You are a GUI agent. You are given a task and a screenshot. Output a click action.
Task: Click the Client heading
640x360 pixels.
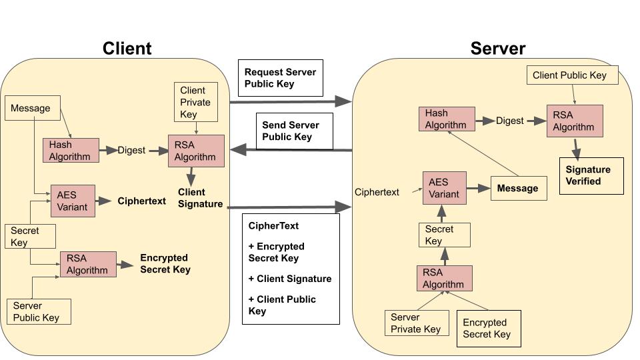(127, 48)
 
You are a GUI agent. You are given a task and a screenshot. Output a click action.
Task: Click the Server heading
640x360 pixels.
(497, 48)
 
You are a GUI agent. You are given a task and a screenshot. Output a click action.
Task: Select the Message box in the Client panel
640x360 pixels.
(33, 108)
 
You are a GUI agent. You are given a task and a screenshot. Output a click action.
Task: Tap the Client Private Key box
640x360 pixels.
(196, 102)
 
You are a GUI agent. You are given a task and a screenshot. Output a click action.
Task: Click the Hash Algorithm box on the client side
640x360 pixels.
(71, 151)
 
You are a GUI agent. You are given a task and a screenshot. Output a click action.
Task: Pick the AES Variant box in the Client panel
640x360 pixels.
(73, 201)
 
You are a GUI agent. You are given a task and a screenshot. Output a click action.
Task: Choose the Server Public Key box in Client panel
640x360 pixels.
(38, 311)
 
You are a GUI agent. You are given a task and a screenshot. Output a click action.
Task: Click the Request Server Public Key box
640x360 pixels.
(280, 78)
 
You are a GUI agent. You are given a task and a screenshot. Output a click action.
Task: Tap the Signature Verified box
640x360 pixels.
(591, 176)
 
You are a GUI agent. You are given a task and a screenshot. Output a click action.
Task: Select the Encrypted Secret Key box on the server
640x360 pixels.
(489, 328)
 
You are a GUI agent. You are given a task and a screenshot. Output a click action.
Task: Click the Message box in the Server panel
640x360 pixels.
(519, 188)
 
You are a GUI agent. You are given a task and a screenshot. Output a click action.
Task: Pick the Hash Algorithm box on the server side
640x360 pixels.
(447, 119)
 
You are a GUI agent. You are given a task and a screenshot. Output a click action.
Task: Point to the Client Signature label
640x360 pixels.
(200, 198)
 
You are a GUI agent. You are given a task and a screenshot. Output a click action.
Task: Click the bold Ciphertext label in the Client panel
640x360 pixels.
(142, 201)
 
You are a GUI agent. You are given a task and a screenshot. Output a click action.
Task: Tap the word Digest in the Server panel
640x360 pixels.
(510, 121)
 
